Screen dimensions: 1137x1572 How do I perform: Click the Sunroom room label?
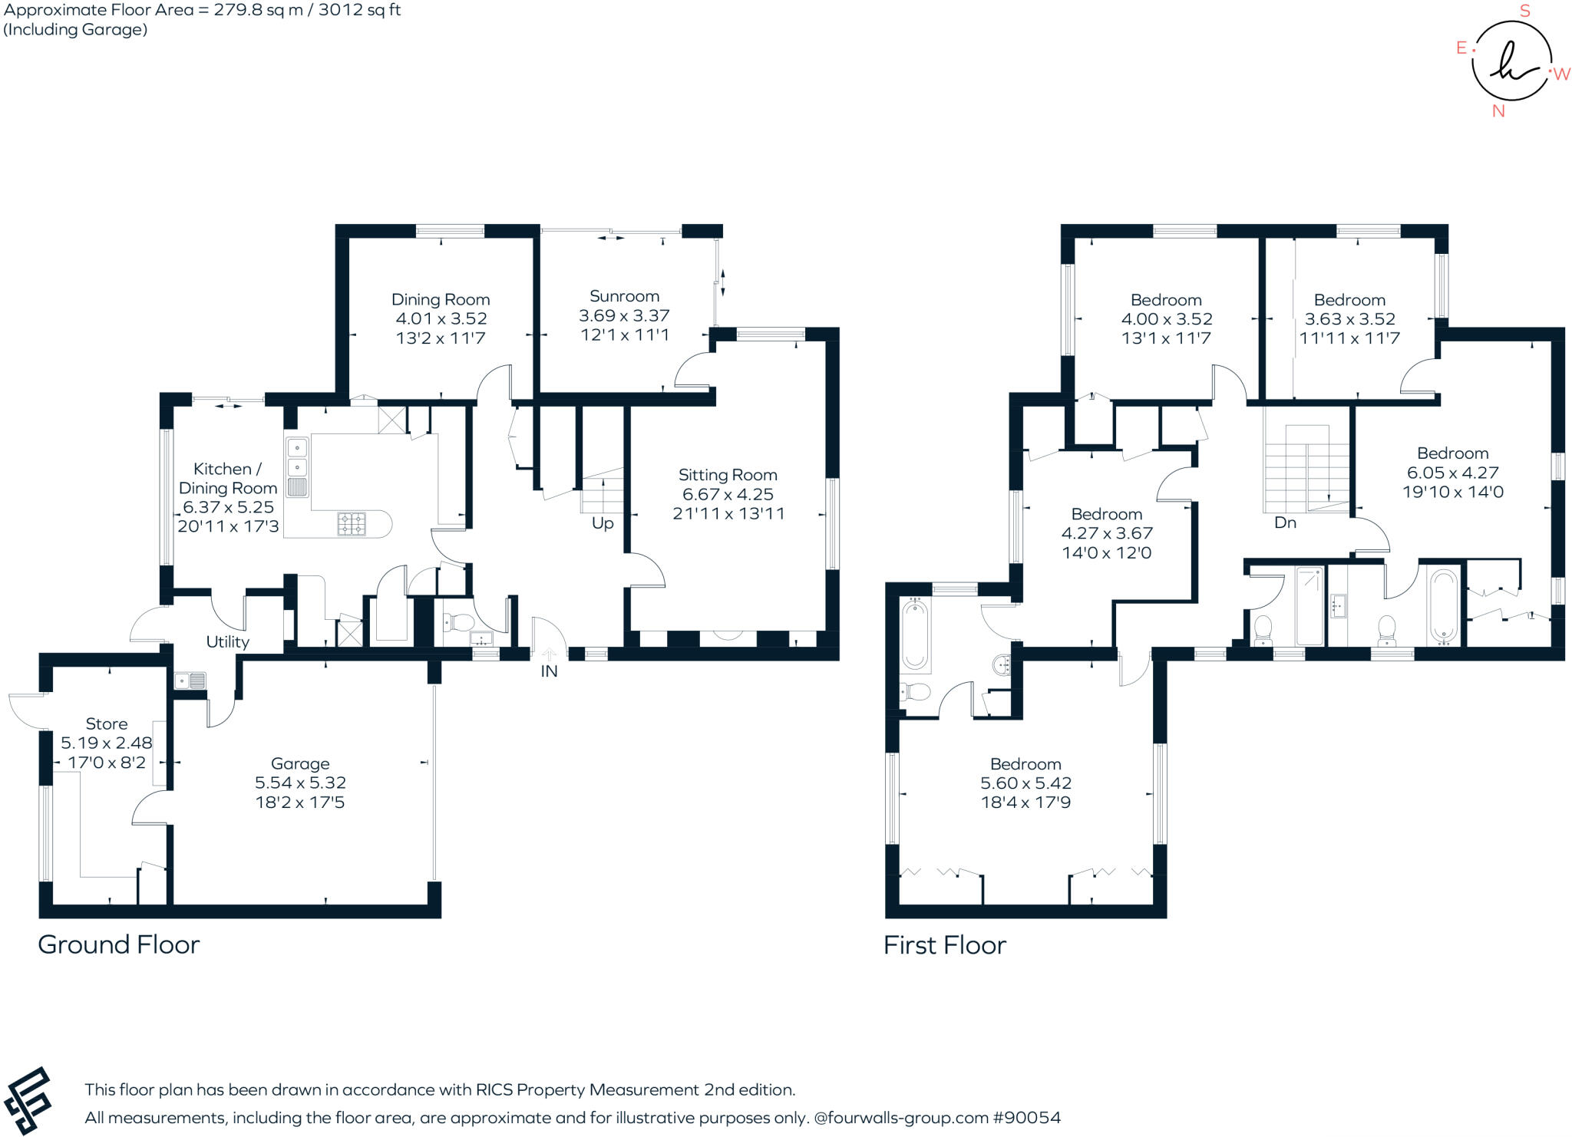click(x=624, y=296)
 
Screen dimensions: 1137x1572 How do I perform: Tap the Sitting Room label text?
click(x=728, y=475)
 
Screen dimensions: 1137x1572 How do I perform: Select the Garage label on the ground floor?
click(x=300, y=763)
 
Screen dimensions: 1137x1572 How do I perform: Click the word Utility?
click(x=227, y=641)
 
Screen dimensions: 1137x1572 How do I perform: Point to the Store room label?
click(x=107, y=723)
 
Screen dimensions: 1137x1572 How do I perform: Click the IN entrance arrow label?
click(x=549, y=671)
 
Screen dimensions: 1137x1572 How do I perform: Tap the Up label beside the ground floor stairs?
click(x=603, y=523)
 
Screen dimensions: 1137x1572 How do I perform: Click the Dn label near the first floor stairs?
click(x=1285, y=522)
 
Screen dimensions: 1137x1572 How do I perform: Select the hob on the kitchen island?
click(x=352, y=524)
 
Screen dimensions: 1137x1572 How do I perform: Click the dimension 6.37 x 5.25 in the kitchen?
click(x=228, y=507)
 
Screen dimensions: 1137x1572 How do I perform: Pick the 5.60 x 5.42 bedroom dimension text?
click(x=1025, y=783)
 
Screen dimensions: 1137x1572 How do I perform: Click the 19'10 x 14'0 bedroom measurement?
click(x=1452, y=493)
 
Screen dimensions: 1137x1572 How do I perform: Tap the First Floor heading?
click(x=944, y=945)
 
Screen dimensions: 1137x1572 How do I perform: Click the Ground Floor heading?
click(x=119, y=944)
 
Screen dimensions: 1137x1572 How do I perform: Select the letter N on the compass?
click(x=1498, y=111)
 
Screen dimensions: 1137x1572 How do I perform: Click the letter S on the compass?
click(x=1524, y=11)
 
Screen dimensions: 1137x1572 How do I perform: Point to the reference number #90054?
click(x=1026, y=1118)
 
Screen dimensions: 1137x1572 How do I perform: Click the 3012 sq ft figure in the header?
click(x=358, y=10)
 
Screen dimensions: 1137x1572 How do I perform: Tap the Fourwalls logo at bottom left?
click(x=28, y=1100)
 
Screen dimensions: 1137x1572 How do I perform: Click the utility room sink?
click(x=190, y=681)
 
